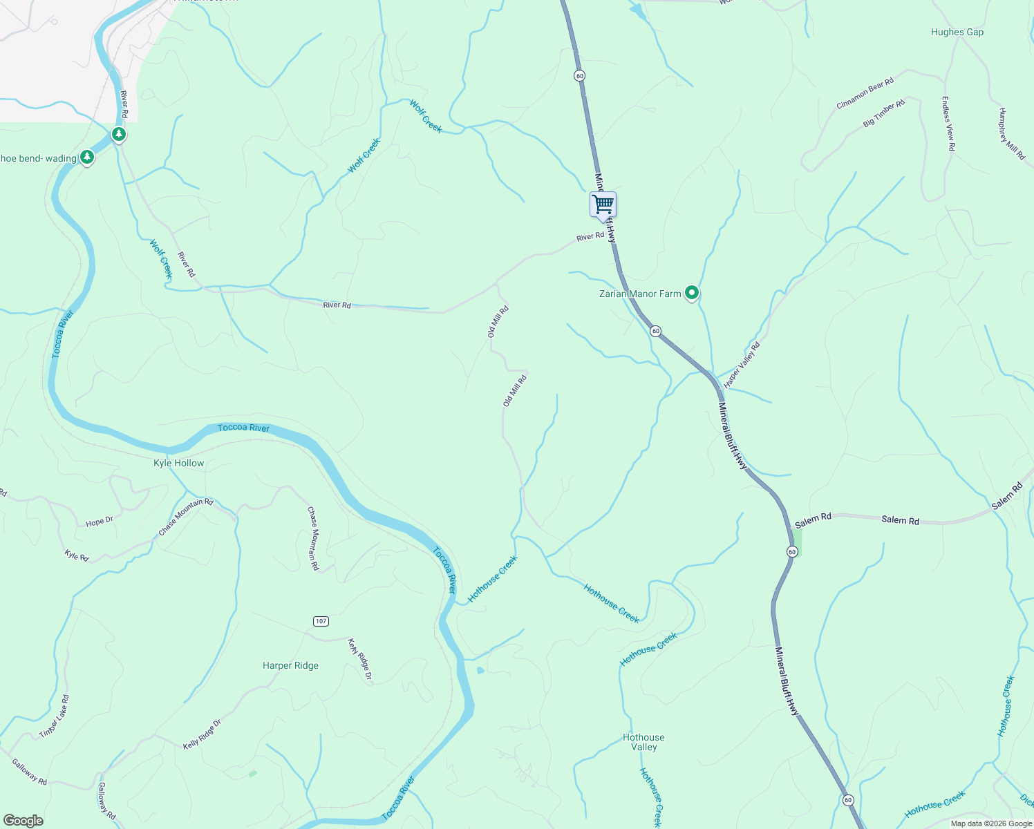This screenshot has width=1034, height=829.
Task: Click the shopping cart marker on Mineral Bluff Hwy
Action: pyautogui.click(x=603, y=204)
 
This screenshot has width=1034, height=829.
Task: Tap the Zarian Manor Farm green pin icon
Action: pyautogui.click(x=691, y=293)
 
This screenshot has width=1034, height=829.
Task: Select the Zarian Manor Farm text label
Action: pyautogui.click(x=640, y=294)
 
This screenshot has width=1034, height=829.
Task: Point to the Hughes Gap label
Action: pyautogui.click(x=957, y=32)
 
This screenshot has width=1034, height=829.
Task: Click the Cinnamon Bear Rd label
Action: pyautogui.click(x=865, y=93)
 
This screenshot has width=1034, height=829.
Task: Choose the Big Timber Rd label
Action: pyautogui.click(x=883, y=114)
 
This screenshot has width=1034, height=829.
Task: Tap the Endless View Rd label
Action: pyautogui.click(x=948, y=124)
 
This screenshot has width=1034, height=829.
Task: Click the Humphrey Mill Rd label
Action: pyautogui.click(x=1011, y=134)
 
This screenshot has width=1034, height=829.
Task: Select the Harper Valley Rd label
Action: pyautogui.click(x=742, y=365)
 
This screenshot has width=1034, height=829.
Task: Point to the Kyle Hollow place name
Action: pyautogui.click(x=178, y=463)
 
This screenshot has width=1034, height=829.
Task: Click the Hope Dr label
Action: pyautogui.click(x=99, y=522)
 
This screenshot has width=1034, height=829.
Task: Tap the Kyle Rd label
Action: pyautogui.click(x=77, y=555)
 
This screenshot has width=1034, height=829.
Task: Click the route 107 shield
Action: pyautogui.click(x=321, y=621)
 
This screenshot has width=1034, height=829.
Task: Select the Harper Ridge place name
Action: pyautogui.click(x=290, y=665)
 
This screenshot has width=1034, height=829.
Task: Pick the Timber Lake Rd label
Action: pyautogui.click(x=55, y=716)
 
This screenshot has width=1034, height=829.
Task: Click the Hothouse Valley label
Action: pyautogui.click(x=643, y=742)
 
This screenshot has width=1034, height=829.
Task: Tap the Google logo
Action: pyautogui.click(x=23, y=820)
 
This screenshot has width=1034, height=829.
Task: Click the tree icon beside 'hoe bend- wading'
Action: pyautogui.click(x=86, y=158)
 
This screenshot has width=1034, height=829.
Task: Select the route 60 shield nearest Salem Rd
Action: pyautogui.click(x=792, y=551)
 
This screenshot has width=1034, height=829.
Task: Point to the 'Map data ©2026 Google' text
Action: pyautogui.click(x=990, y=823)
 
